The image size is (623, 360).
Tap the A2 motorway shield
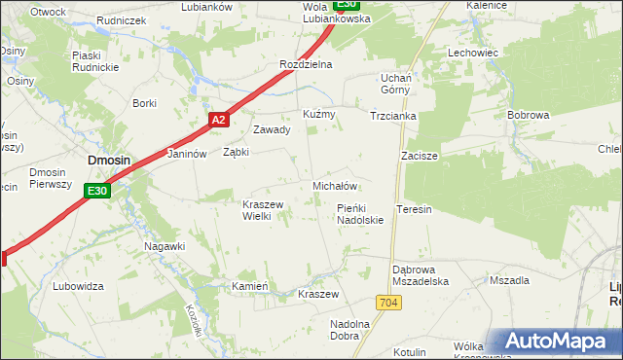tap(218, 120)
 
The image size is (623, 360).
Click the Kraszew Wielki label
tap(263, 210)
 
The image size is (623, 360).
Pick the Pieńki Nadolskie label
tap(360, 214)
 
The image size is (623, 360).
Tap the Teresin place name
tap(414, 209)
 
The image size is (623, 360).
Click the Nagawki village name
tap(165, 246)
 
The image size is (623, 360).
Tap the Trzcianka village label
tap(393, 116)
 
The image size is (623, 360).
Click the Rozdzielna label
tap(306, 64)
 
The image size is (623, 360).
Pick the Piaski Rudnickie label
tap(94, 61)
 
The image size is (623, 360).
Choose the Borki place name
tap(144, 103)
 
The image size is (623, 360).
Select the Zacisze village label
tap(420, 156)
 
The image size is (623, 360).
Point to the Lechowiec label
tap(472, 53)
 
